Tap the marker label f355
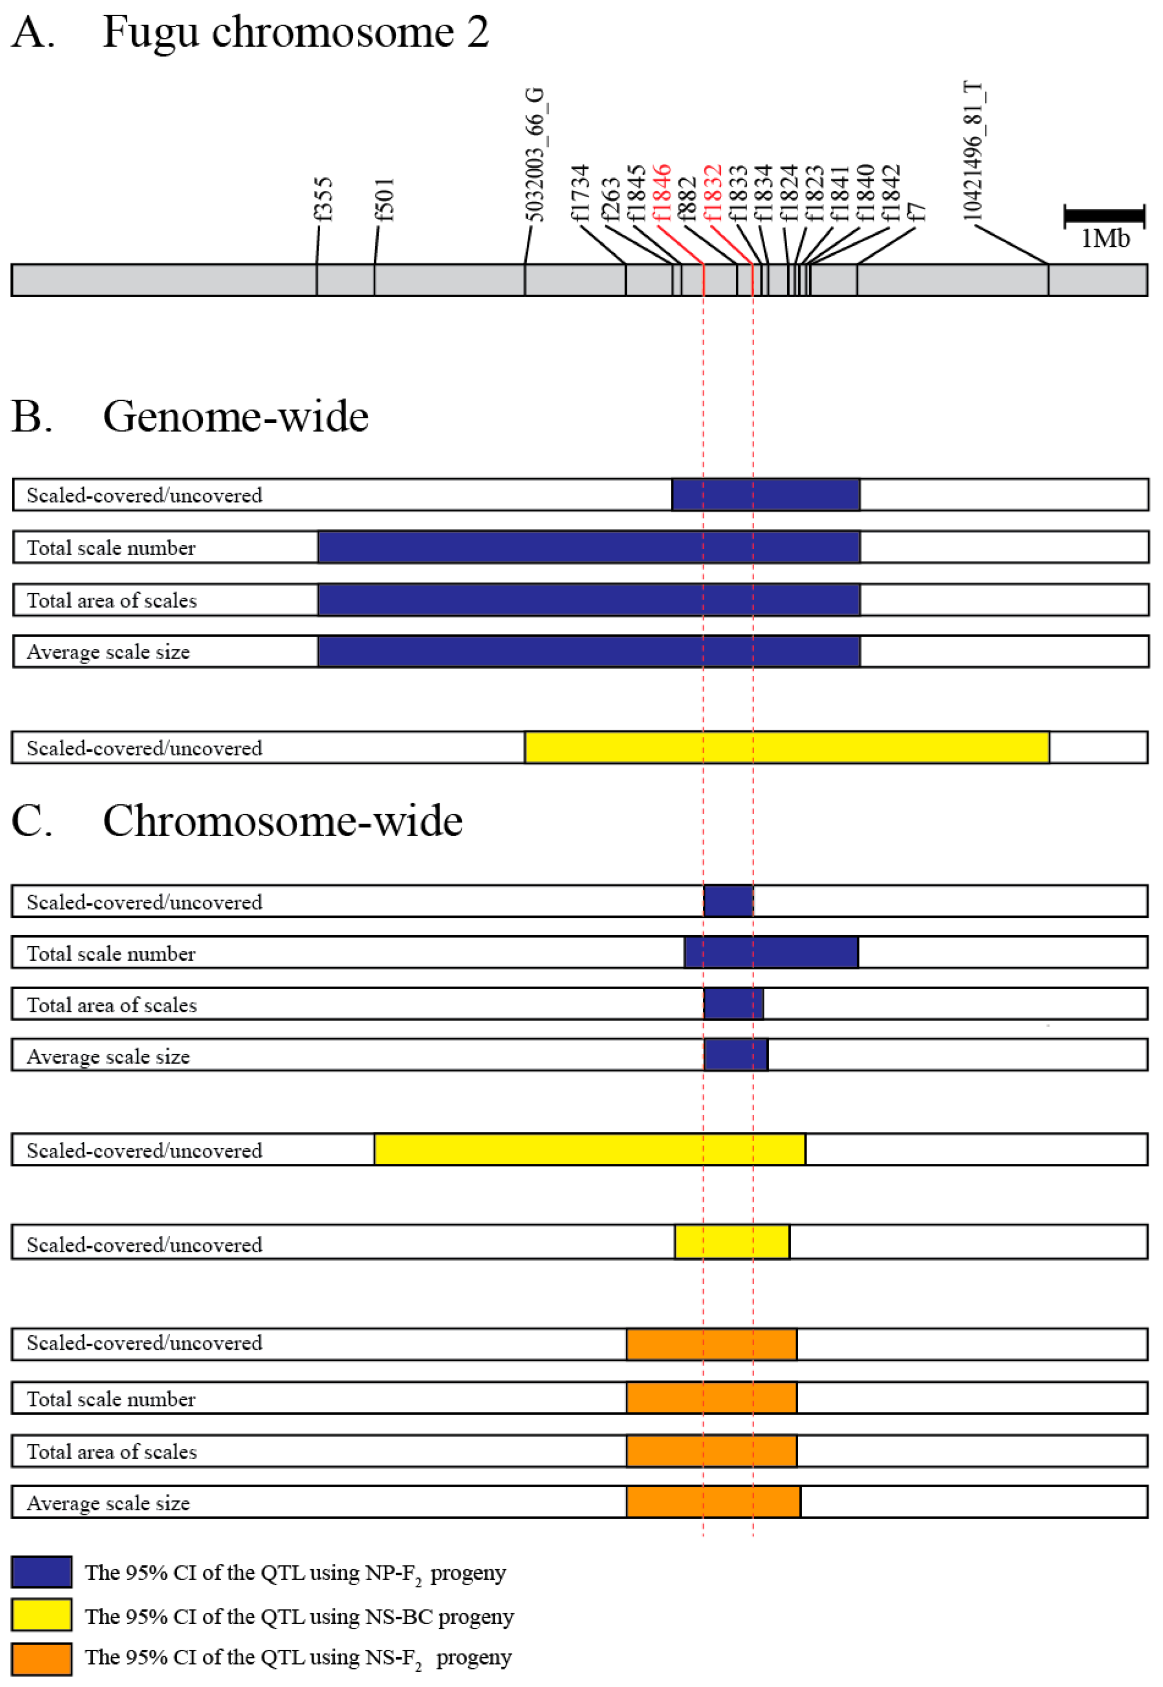[323, 199]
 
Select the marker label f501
[384, 199]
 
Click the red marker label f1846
[661, 192]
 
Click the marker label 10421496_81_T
[974, 152]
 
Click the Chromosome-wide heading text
[282, 821]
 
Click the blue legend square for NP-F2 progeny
[41, 1572]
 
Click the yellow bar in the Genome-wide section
[787, 748]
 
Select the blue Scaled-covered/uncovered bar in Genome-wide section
[765, 495]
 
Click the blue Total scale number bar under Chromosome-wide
[771, 953]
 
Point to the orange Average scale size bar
[713, 1501]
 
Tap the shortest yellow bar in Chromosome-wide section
[732, 1242]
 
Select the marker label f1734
[579, 192]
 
